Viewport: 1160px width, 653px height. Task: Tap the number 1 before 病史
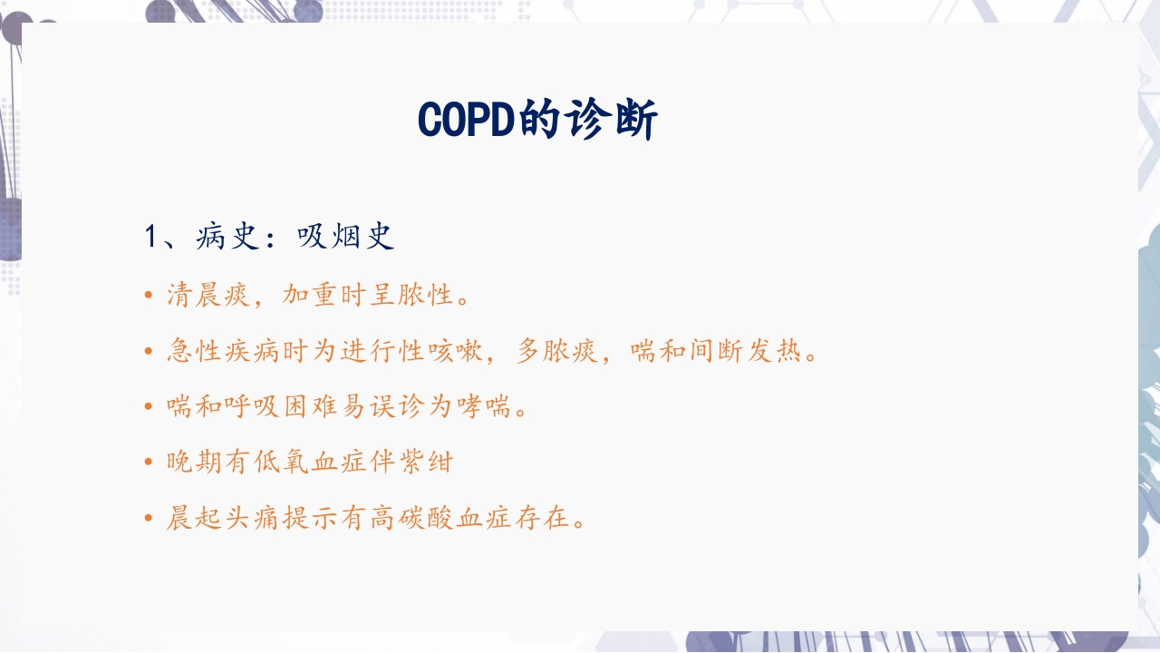151,238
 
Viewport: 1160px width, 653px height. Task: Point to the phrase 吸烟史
346,238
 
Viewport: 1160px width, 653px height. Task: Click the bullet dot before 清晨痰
149,296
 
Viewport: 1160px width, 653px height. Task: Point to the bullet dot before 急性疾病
149,352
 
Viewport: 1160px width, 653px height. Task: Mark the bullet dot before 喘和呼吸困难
149,407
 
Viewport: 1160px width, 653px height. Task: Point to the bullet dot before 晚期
149,463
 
